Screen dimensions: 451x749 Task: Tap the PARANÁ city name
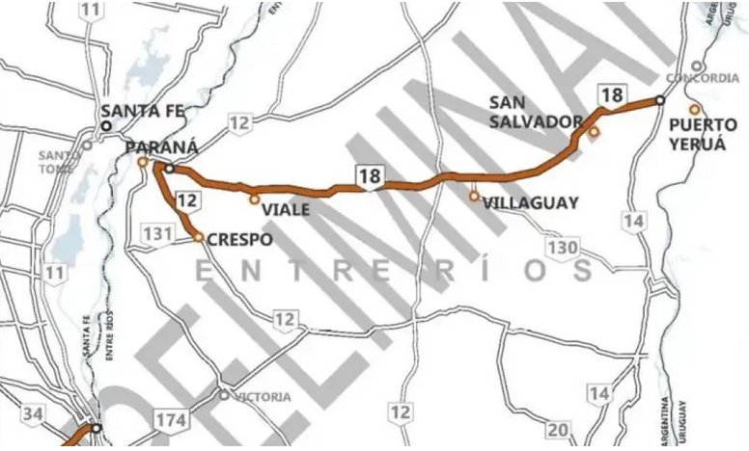(162, 146)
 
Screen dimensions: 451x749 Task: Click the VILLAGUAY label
(531, 203)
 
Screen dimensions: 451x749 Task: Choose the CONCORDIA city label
(708, 79)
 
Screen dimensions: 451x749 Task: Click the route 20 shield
(558, 429)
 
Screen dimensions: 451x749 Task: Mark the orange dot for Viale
(254, 200)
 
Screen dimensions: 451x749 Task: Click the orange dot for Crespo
(198, 236)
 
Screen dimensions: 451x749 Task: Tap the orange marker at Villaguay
(474, 196)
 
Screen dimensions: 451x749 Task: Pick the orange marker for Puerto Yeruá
(693, 108)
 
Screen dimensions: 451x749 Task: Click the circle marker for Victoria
(224, 394)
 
